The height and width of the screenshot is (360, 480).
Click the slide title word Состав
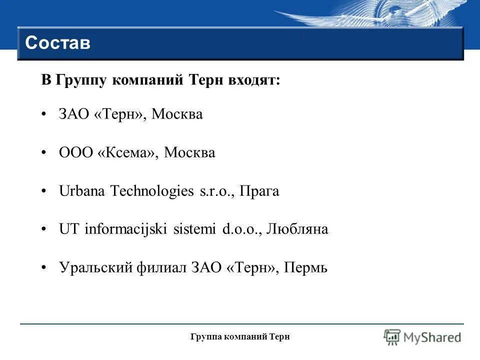point(57,43)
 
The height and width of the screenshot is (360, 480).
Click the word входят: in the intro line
point(255,80)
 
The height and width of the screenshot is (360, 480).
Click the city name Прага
point(259,191)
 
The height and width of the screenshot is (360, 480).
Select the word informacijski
point(126,229)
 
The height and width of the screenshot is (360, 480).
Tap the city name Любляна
point(298,229)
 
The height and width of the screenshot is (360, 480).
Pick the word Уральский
point(95,268)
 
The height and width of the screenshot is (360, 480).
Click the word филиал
point(161,268)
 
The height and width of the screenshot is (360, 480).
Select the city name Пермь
point(305,268)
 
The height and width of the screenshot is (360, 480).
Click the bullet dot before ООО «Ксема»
point(45,152)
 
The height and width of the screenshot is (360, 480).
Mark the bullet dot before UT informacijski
point(45,229)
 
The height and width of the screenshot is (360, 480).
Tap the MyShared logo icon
point(392,337)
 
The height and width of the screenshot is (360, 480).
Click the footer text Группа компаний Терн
point(240,337)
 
